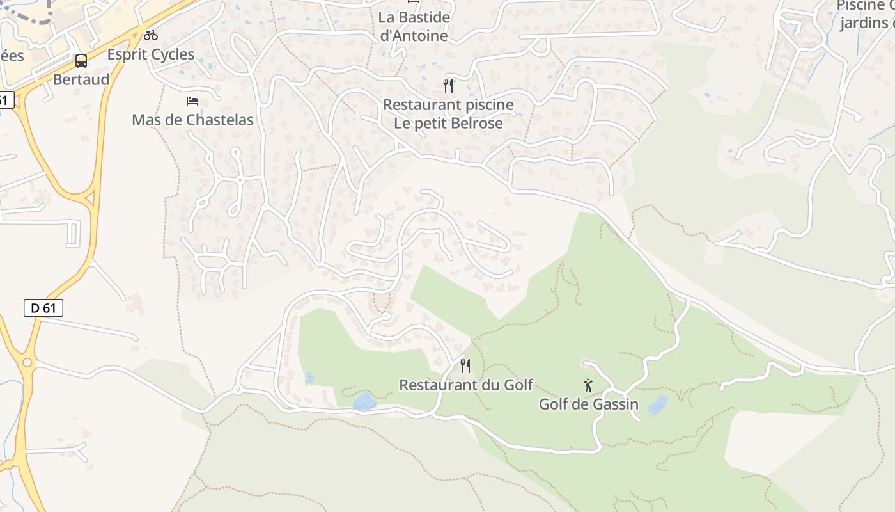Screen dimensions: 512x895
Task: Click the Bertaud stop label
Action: (81, 79)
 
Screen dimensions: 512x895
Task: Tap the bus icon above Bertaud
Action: (81, 61)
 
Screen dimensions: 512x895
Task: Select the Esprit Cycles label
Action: (151, 54)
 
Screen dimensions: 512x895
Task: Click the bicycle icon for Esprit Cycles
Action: (151, 35)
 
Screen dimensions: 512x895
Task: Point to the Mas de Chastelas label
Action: (192, 120)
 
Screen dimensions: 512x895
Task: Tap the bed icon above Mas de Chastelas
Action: (192, 100)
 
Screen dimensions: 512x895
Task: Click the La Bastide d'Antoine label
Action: (414, 26)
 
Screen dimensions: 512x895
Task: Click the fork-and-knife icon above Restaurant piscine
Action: (448, 85)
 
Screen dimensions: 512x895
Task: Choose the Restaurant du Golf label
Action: (466, 385)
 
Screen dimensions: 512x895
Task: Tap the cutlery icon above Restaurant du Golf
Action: (465, 366)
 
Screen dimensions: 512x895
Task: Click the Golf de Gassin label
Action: (589, 404)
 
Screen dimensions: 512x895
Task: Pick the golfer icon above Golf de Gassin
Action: (588, 385)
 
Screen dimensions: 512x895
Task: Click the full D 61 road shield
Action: (43, 308)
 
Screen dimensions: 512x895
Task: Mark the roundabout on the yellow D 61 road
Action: (27, 363)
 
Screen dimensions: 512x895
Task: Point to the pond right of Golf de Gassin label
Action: (657, 405)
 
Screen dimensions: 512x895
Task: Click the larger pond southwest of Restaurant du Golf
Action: (364, 402)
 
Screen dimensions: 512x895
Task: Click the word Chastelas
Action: (219, 120)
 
